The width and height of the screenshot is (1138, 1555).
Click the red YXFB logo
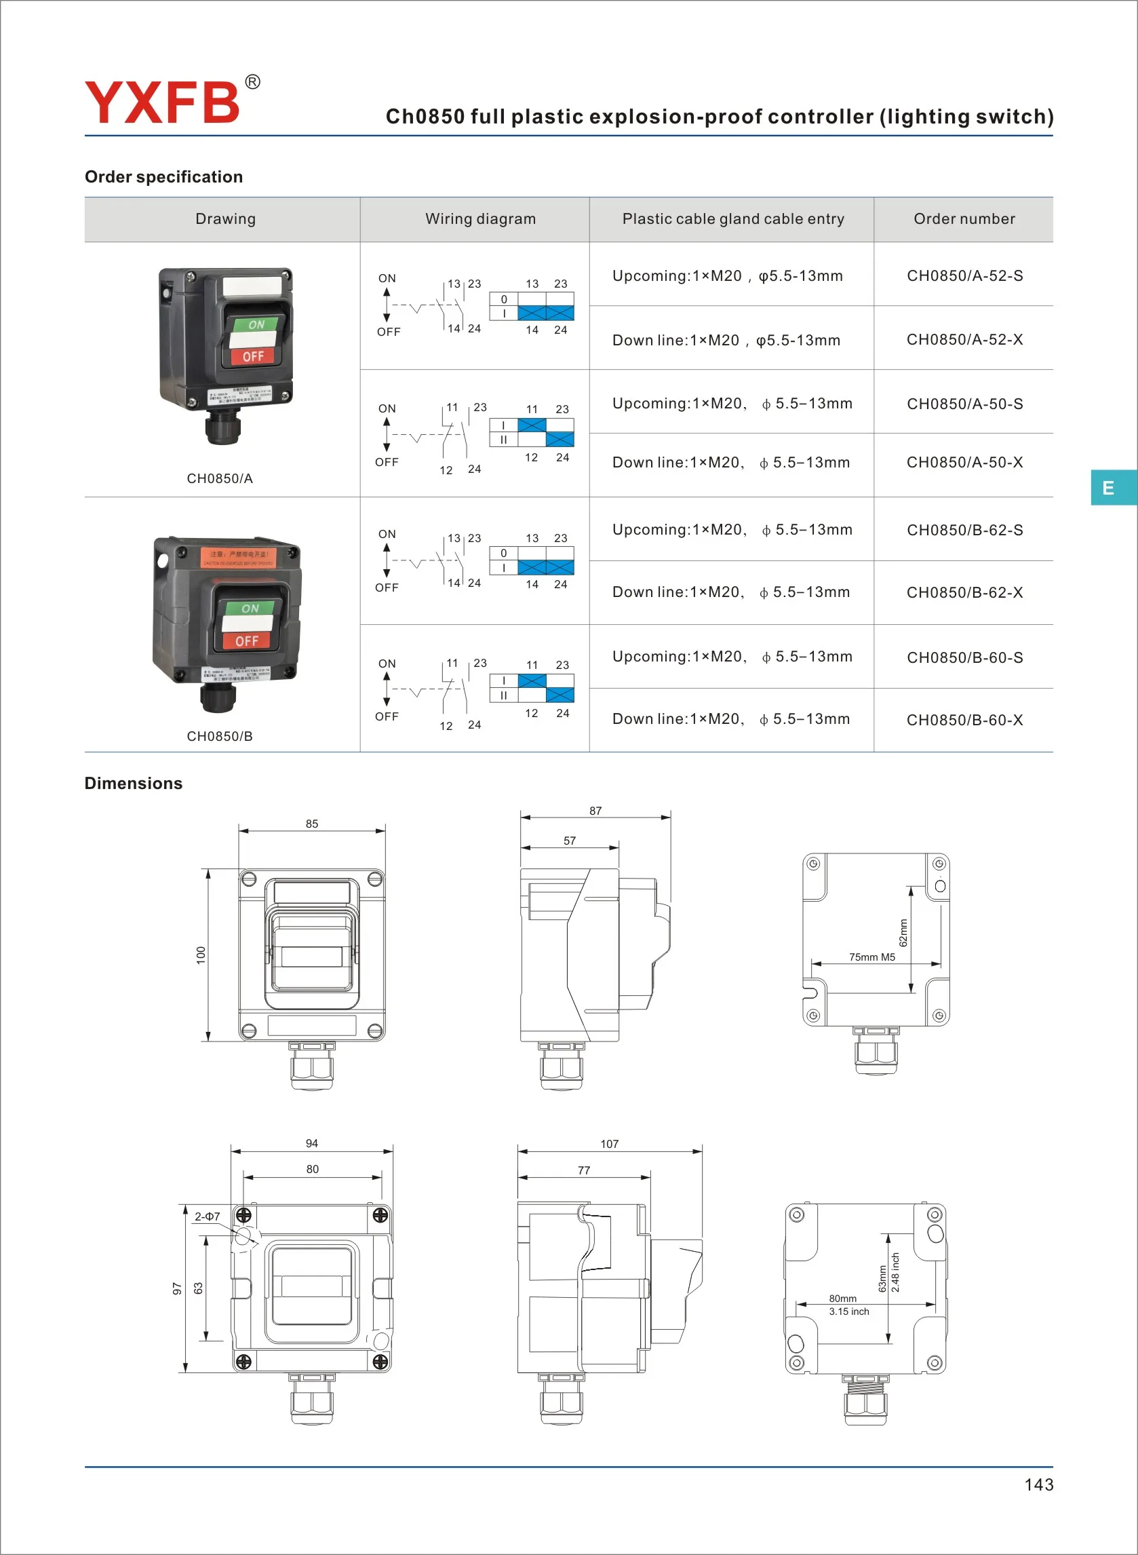[x=163, y=102]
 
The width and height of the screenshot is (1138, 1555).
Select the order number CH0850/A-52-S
[x=964, y=275]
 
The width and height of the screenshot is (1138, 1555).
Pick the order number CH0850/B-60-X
[x=964, y=720]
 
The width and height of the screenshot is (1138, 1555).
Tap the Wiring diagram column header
[x=480, y=219]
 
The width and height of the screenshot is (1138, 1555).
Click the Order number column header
[x=964, y=219]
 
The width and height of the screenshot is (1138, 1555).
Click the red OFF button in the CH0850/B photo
[x=247, y=641]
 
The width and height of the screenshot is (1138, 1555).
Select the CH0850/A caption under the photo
[x=220, y=478]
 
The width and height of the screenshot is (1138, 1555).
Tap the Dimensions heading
[x=133, y=784]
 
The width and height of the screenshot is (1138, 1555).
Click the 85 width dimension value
[x=312, y=824]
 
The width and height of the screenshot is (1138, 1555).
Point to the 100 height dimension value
[x=201, y=955]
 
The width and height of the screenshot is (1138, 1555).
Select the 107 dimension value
[x=610, y=1144]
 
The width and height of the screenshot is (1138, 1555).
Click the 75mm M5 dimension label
[x=872, y=957]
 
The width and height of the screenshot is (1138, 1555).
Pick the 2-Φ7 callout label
[x=207, y=1216]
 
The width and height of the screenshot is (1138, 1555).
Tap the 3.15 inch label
[x=849, y=1312]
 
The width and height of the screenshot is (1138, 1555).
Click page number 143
[x=1038, y=1484]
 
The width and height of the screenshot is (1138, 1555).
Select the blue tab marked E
[x=1108, y=488]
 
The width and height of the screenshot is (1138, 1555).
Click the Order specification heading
[x=164, y=177]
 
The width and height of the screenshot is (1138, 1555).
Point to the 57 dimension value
[x=570, y=841]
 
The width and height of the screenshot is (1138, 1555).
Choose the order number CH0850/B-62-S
[x=964, y=530]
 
